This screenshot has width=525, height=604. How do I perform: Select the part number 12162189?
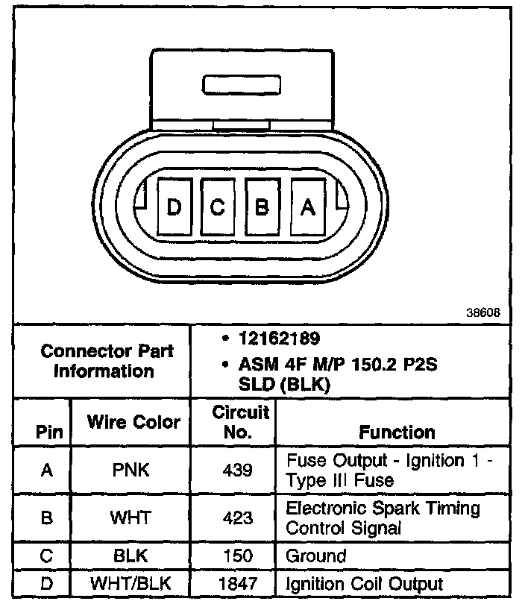279,339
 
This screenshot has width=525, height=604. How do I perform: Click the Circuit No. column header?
233,422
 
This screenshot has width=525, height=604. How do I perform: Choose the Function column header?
397,432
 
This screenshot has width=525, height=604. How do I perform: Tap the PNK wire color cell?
131,471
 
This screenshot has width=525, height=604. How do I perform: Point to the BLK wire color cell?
131,556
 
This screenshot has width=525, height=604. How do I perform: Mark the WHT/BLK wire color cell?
131,584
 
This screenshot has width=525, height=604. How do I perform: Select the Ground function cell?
316,556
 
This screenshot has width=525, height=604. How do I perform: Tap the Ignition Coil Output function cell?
365,584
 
